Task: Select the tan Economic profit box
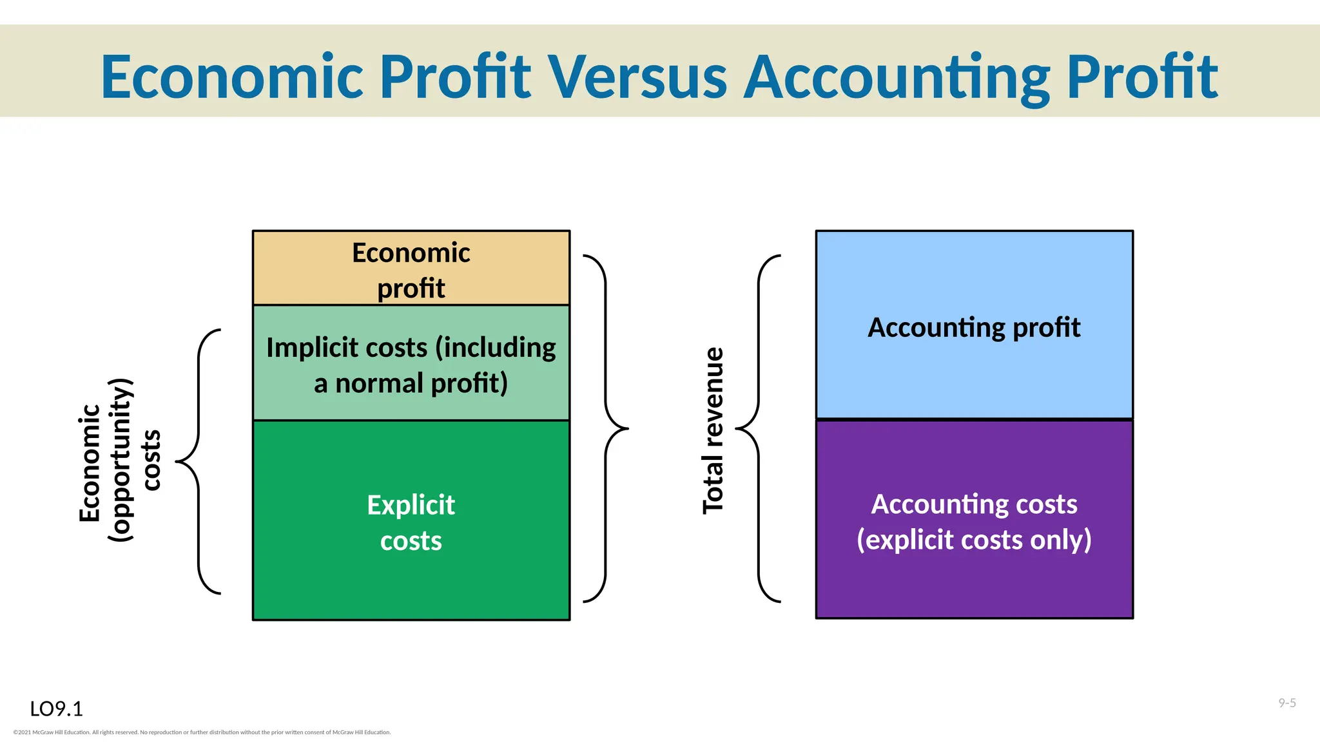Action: pyautogui.click(x=411, y=268)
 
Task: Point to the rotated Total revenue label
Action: pyautogui.click(x=713, y=430)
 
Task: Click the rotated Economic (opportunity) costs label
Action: pyautogui.click(x=119, y=461)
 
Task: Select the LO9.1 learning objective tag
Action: pyautogui.click(x=57, y=709)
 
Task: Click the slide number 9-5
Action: pyautogui.click(x=1287, y=703)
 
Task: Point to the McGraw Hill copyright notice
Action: pyautogui.click(x=202, y=732)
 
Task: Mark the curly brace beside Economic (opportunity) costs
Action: pyautogui.click(x=199, y=461)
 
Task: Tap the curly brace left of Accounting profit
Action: pyautogui.click(x=758, y=428)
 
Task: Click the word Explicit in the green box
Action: pyautogui.click(x=411, y=505)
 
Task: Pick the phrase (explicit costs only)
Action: pyautogui.click(x=974, y=540)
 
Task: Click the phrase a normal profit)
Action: pyautogui.click(x=411, y=383)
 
